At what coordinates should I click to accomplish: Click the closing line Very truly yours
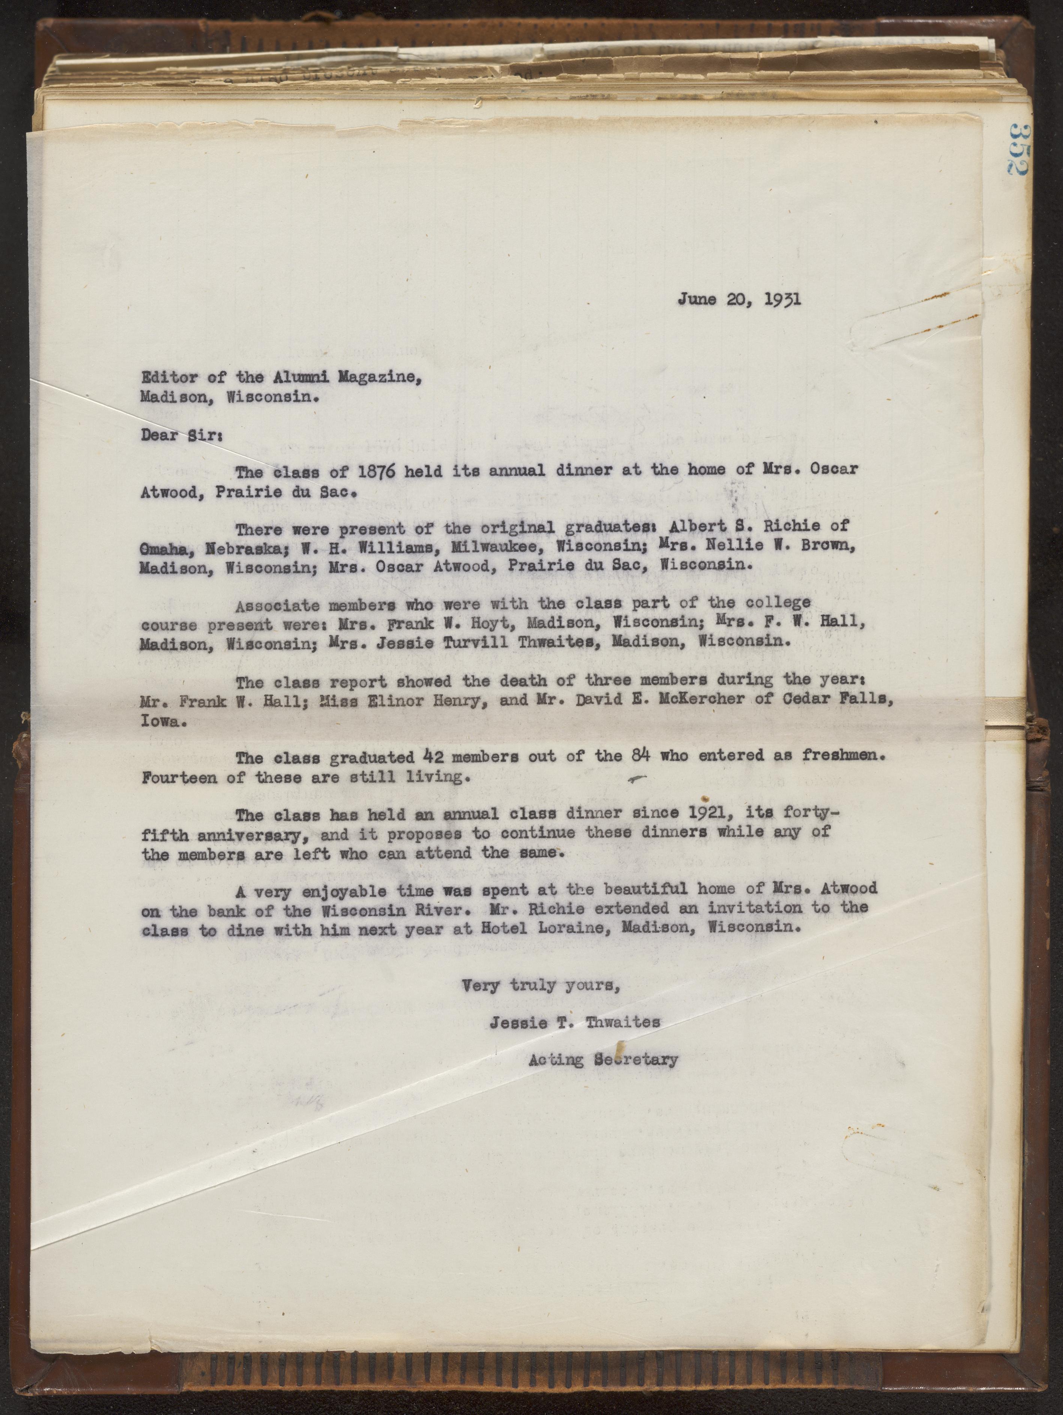(x=541, y=985)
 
